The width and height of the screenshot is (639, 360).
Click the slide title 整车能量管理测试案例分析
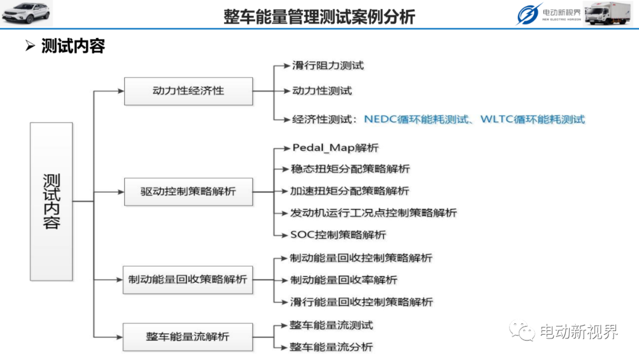(319, 17)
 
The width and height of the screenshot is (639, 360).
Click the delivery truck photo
(607, 13)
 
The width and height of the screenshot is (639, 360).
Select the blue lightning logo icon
(528, 14)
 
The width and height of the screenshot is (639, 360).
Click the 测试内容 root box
(51, 201)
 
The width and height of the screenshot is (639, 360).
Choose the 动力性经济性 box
(188, 91)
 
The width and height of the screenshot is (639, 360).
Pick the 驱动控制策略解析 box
(188, 192)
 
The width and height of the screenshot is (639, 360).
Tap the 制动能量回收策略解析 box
(188, 279)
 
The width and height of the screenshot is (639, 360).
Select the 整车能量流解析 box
(188, 337)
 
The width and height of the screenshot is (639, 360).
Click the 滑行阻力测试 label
(328, 66)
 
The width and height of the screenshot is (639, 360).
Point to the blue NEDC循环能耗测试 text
(416, 120)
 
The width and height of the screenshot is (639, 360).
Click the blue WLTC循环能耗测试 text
(532, 120)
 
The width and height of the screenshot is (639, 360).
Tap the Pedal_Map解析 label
(335, 148)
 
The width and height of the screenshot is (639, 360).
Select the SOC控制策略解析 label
(338, 235)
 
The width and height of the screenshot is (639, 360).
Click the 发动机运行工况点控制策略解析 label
(373, 213)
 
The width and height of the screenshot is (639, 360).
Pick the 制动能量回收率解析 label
(344, 280)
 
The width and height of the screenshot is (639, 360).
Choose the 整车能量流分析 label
(331, 347)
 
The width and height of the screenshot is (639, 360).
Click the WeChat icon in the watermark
(522, 330)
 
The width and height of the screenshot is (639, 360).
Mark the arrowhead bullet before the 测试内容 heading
(30, 46)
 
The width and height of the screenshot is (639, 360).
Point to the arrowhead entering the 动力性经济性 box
(121, 91)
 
